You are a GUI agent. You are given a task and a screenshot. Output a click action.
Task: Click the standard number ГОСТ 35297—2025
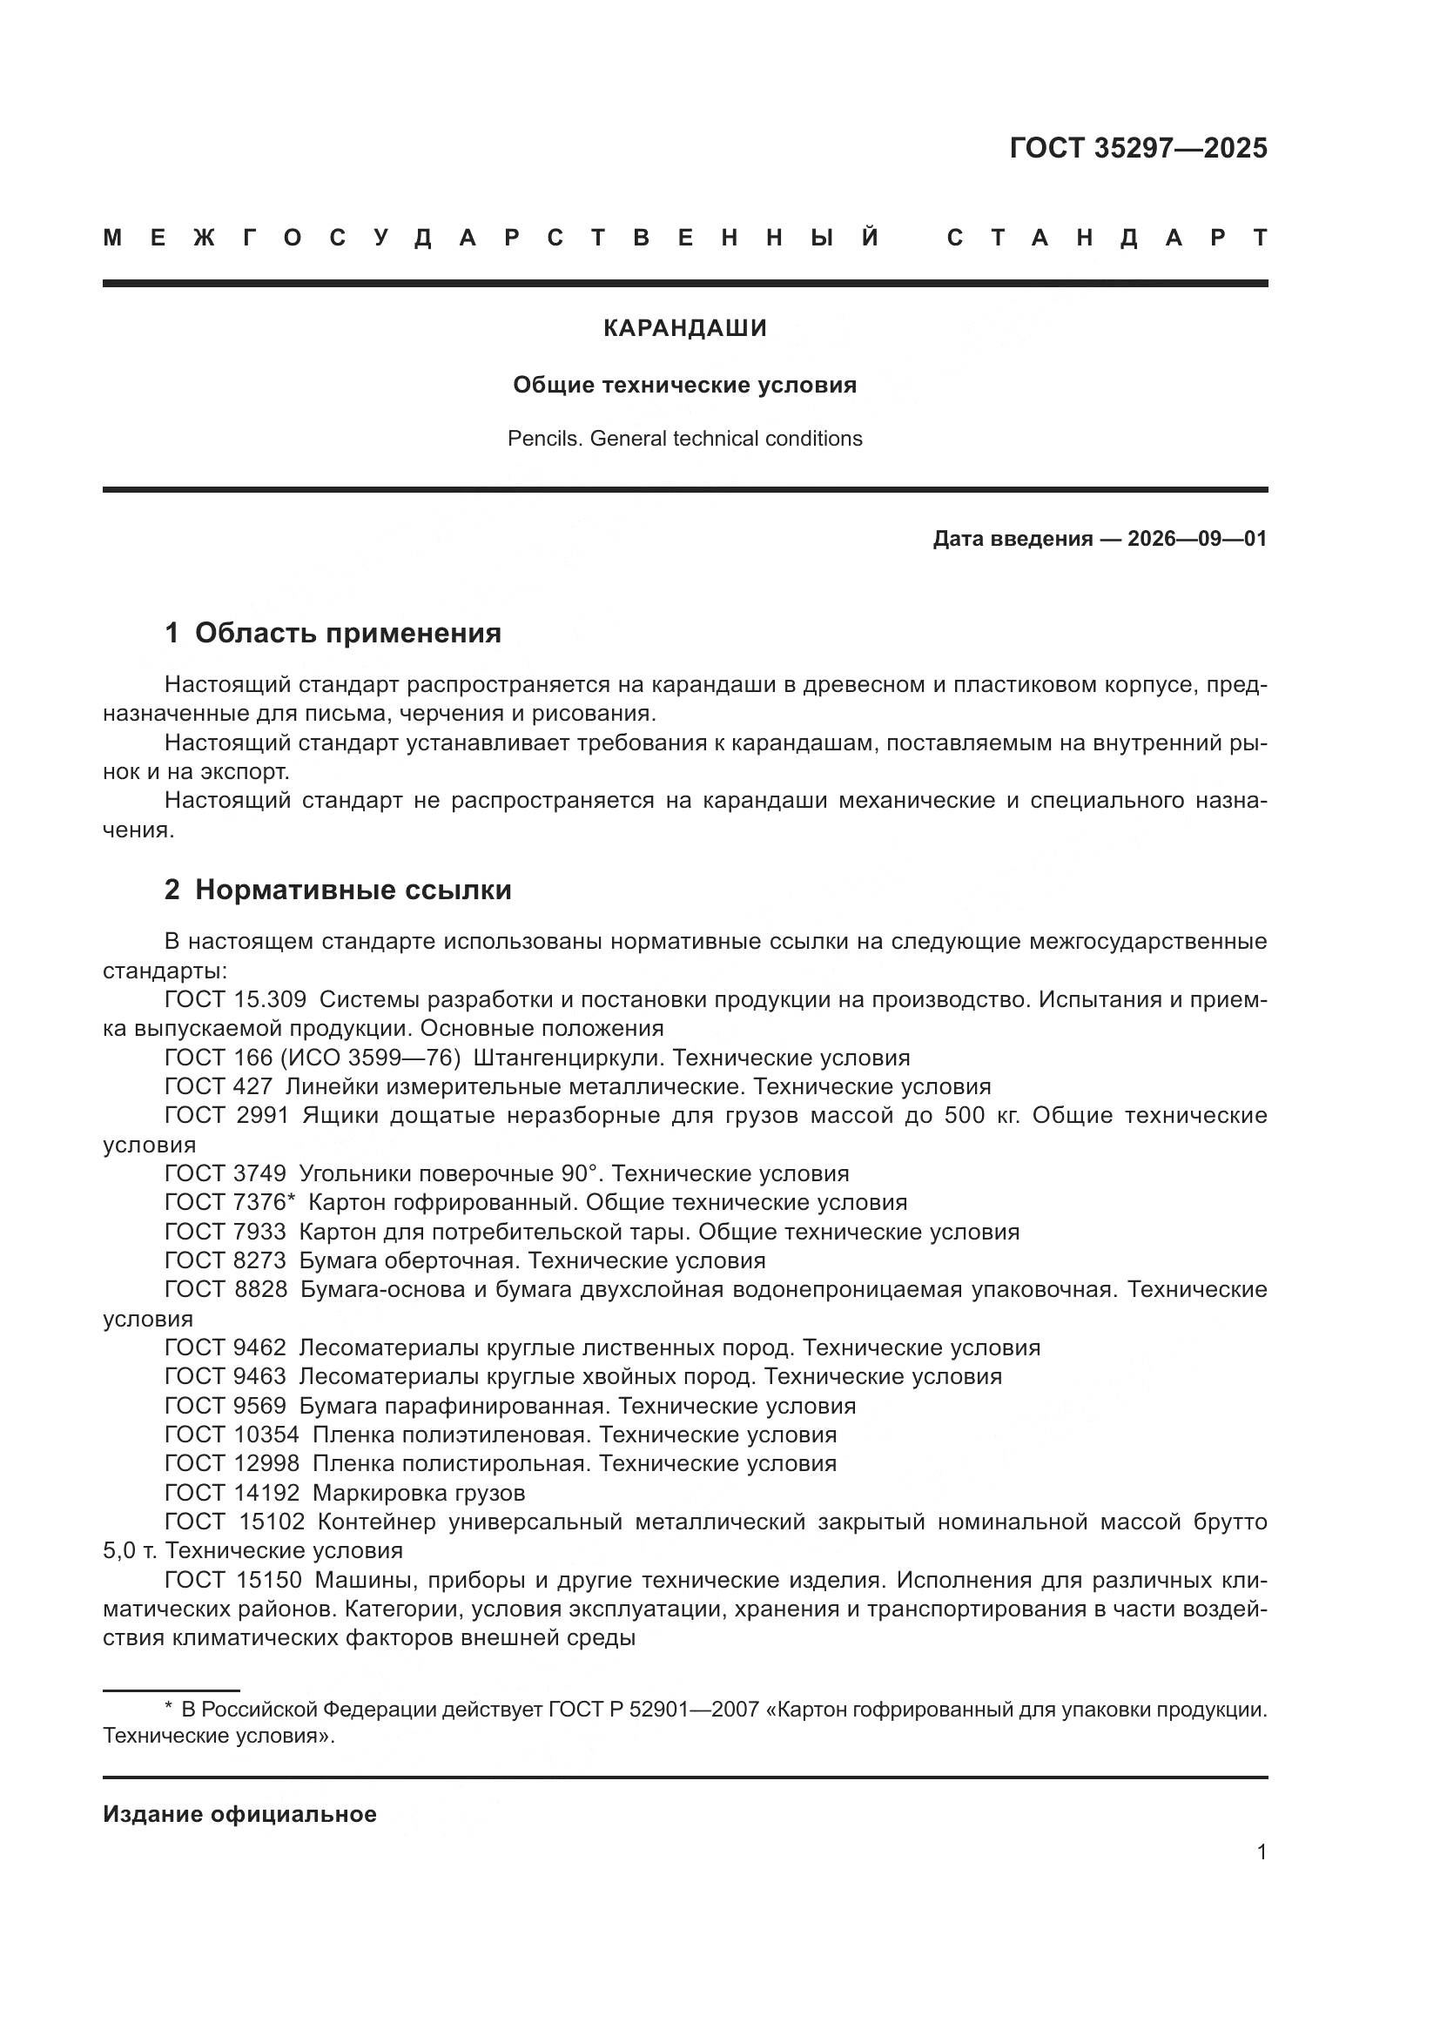tap(1138, 148)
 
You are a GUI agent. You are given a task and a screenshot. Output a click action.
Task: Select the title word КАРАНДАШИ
tap(684, 328)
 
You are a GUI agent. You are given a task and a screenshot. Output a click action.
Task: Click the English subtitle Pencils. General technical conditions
tap(684, 439)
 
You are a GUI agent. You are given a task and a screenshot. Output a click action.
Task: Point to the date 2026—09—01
tap(1197, 539)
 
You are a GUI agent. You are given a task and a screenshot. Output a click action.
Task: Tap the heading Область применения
tap(347, 633)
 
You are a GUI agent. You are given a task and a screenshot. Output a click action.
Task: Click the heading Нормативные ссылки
tap(353, 890)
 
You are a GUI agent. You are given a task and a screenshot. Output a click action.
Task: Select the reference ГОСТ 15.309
tap(235, 999)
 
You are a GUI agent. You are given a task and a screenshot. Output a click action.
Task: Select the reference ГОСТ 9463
tap(225, 1377)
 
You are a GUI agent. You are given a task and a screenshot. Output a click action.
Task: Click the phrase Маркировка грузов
tap(419, 1494)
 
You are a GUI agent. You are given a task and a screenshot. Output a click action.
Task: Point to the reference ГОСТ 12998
tap(232, 1464)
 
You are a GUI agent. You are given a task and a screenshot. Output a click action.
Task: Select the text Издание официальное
tap(239, 1814)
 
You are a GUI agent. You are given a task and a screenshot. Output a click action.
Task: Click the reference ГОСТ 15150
tap(233, 1580)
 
